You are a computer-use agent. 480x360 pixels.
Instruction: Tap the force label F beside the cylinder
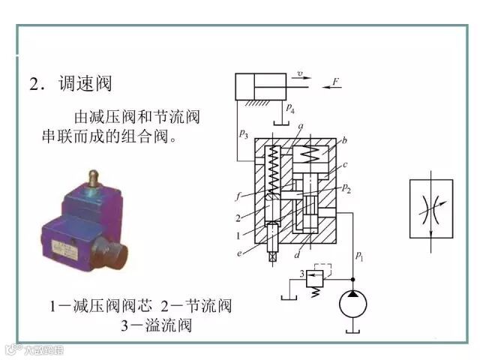click(x=335, y=80)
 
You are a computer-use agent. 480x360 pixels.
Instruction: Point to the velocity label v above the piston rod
click(x=299, y=73)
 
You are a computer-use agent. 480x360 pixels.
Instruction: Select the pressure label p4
click(x=289, y=111)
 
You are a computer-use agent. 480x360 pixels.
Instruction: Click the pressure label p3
click(x=243, y=134)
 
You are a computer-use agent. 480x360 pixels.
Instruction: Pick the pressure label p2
click(x=346, y=187)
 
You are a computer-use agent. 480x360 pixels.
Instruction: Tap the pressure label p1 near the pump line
click(x=358, y=256)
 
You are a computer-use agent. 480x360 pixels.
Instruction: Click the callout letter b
click(x=344, y=139)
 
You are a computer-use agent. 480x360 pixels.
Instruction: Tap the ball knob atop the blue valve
click(x=93, y=178)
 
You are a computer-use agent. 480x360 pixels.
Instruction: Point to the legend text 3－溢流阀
click(x=156, y=325)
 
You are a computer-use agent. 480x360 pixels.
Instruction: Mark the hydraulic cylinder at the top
click(x=260, y=87)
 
